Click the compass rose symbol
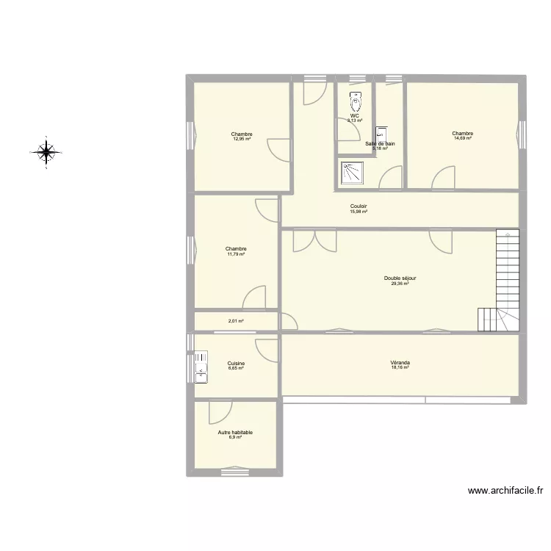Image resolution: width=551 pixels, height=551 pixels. click(x=46, y=153)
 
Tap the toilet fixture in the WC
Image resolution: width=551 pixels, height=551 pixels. click(x=356, y=99)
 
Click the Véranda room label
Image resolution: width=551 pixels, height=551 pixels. click(x=400, y=362)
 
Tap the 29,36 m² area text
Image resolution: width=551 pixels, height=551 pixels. click(x=400, y=283)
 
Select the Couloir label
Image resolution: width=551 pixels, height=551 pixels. click(x=359, y=206)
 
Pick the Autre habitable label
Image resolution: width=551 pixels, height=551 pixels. click(x=235, y=433)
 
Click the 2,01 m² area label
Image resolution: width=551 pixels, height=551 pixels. click(x=236, y=321)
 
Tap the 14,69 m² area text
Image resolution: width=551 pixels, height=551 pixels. click(x=463, y=138)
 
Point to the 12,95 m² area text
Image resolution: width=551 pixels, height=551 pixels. click(x=242, y=139)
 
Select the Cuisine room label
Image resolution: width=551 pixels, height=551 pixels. click(x=236, y=363)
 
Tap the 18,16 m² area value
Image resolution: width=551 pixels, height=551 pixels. click(x=400, y=367)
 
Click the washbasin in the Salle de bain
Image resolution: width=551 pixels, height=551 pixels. click(x=381, y=134)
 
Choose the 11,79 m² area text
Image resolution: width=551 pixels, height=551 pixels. click(x=236, y=254)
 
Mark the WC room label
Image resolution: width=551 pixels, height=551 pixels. click(x=355, y=116)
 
